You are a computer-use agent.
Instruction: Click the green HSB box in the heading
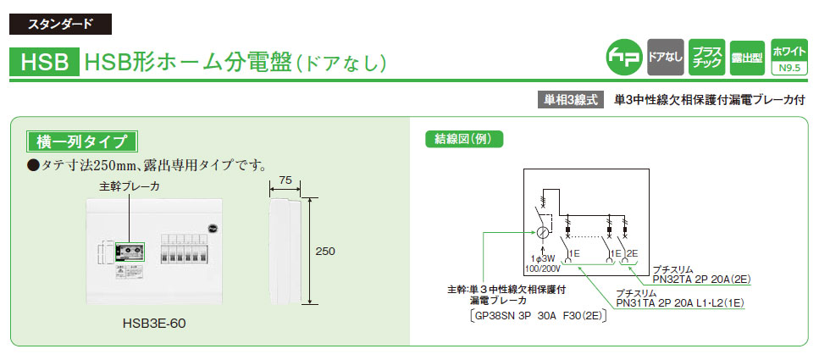44,62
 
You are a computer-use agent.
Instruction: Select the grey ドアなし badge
664,56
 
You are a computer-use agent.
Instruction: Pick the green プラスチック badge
705,56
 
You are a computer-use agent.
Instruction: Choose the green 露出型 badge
746,57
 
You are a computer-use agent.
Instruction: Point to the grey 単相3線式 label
569,99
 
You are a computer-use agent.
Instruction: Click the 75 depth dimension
285,180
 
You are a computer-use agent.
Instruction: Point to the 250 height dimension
325,252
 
